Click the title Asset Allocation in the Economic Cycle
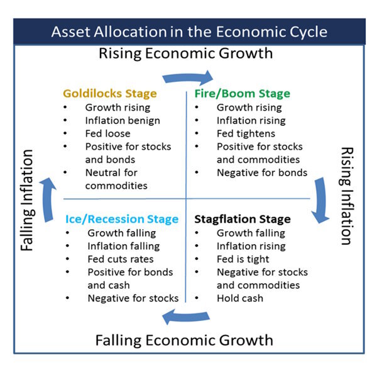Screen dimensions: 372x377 coord(189,31)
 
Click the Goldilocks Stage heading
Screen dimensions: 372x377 coord(109,94)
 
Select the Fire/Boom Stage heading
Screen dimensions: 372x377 coord(242,94)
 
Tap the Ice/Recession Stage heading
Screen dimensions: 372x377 coord(122,219)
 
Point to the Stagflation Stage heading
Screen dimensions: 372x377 coord(243,219)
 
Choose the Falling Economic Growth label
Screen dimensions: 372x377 coord(184,341)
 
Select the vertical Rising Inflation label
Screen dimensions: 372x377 coord(346,196)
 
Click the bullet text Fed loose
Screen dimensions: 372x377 coord(108,133)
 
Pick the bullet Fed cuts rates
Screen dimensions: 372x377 coord(121,259)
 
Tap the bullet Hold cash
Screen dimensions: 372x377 coord(239,298)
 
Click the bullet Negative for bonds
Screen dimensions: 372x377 coord(262,172)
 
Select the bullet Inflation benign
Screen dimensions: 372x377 coord(123,120)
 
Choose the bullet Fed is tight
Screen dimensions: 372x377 coord(243,259)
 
